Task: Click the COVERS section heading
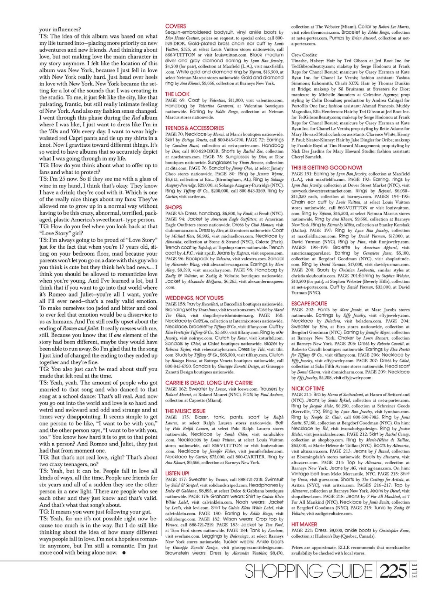(176, 26)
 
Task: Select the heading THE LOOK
(177, 94)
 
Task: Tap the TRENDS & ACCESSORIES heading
(194, 128)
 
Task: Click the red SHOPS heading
(173, 208)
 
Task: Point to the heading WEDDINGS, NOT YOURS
(194, 298)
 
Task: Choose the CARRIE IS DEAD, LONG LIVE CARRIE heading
(209, 383)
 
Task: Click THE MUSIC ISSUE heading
(185, 411)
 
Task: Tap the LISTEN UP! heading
(177, 474)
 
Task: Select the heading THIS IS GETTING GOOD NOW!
(327, 168)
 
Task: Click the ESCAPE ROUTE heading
(309, 304)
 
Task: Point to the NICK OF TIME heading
(308, 389)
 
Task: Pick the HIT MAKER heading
(304, 524)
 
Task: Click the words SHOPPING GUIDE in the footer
(309, 572)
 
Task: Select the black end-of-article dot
(124, 553)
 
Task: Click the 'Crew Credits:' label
(304, 55)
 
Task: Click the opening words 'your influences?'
(60, 30)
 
